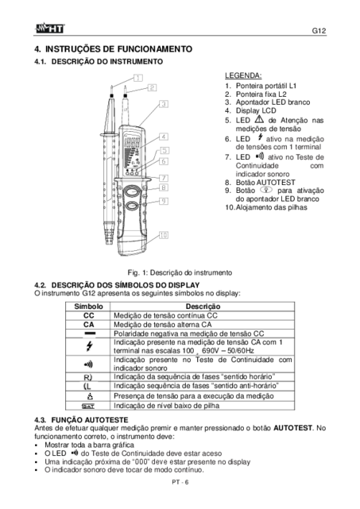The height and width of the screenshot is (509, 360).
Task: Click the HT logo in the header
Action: (50, 29)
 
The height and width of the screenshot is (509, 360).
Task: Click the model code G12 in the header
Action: (319, 30)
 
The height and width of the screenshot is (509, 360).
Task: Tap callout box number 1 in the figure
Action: (138, 78)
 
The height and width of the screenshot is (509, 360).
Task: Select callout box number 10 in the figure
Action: (164, 235)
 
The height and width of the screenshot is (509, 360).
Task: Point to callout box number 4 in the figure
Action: (164, 137)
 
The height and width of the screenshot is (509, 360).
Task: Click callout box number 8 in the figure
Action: (164, 187)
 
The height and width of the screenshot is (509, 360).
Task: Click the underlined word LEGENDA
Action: (243, 75)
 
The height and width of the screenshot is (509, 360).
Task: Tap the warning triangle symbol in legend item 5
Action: (259, 119)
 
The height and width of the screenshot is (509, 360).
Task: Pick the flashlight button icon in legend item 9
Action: (266, 190)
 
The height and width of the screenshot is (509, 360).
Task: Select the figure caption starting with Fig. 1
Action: (180, 272)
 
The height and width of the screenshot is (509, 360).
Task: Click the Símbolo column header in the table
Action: (88, 307)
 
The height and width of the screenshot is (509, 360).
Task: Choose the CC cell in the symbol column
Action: (89, 315)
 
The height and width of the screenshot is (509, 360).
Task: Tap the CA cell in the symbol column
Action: (89, 325)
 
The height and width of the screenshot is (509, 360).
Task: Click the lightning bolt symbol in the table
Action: (89, 346)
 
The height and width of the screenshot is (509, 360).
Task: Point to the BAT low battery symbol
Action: (88, 406)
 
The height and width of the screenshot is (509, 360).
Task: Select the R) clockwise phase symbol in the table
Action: (88, 377)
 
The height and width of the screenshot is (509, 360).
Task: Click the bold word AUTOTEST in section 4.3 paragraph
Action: (292, 428)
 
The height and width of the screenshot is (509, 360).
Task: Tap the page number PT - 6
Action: (180, 482)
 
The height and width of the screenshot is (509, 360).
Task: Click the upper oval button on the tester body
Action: (132, 191)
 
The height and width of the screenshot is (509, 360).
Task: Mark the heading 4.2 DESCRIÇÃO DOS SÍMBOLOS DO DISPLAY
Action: (117, 285)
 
